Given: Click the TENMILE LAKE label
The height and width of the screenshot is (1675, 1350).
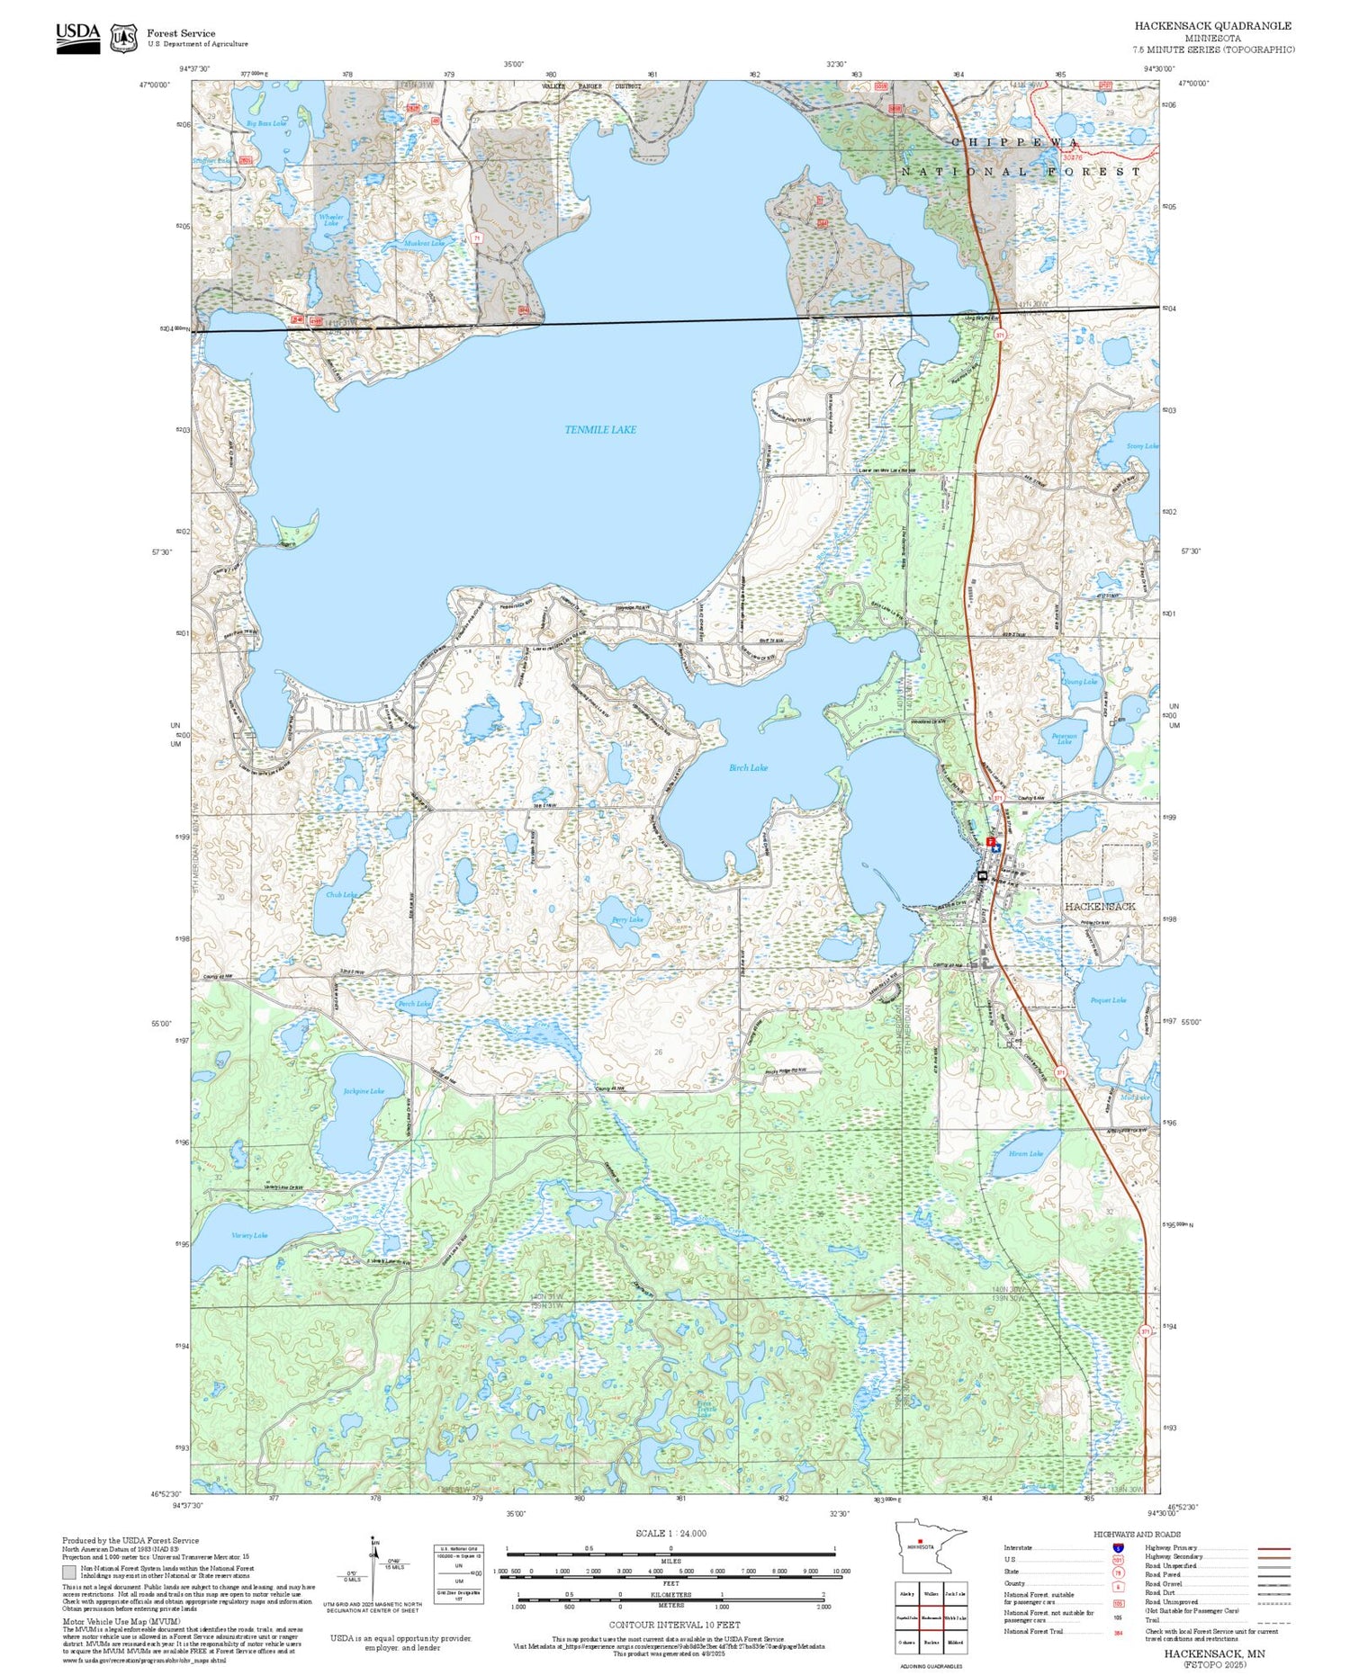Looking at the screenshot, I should [600, 430].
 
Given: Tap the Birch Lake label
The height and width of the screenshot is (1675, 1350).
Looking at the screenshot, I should [748, 767].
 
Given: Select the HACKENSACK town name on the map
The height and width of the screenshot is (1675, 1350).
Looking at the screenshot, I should [1100, 906].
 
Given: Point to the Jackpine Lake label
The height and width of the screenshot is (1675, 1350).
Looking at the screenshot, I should [364, 1091].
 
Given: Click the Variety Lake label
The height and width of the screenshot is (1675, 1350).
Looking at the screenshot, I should [249, 1235].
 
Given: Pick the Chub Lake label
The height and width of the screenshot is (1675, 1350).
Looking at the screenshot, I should [341, 894].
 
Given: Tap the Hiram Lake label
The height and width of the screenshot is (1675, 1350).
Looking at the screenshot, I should [1025, 1153].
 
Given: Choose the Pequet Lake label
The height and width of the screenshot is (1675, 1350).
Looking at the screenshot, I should [1108, 999].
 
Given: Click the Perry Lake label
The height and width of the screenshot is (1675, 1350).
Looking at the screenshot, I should [627, 919].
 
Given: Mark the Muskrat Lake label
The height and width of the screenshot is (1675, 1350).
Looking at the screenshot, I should [424, 243].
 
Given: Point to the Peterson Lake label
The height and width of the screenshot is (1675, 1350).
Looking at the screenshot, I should [1064, 738].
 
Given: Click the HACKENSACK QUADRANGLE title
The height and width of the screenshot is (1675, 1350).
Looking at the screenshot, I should [1212, 25].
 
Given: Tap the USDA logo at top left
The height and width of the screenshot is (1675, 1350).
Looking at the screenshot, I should [78, 37].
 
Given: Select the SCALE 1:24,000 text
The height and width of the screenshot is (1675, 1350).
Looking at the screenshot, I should [670, 1533].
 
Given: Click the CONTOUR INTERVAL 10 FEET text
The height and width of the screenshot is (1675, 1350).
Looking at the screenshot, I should [674, 1625].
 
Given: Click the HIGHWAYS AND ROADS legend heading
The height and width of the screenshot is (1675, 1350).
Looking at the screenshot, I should [1137, 1534].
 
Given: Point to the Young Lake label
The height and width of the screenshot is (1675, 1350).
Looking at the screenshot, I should [1080, 681].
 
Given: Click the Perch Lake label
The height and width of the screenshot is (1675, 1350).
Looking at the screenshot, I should [414, 1003].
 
